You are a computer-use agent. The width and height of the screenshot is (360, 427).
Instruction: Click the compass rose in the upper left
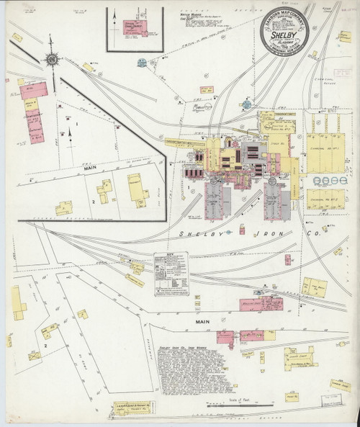[x=52, y=59]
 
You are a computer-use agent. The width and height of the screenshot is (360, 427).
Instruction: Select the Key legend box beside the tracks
[x=171, y=274]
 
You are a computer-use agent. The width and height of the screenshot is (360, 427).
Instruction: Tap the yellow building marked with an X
[x=35, y=355]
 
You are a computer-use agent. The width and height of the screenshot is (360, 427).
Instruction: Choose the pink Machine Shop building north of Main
[x=256, y=304]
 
